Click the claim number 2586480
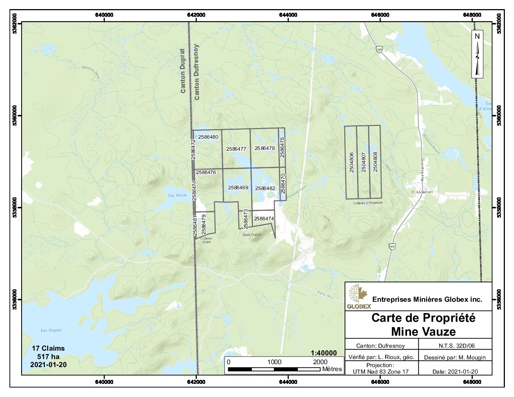pos(208,137)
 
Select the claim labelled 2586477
pos(236,149)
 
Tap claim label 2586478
pos(265,148)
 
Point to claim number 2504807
pos(364,162)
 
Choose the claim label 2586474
pos(264,219)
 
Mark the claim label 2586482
pos(265,188)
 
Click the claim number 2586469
pos(238,188)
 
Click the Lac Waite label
pos(177,195)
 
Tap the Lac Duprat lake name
pos(51,330)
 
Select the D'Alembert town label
pos(422,192)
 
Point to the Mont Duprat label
pos(252,235)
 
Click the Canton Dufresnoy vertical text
pos(197,72)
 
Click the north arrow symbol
pos(477,54)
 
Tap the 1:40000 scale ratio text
pos(323,353)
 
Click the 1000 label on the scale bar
pos(274,362)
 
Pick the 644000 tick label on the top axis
pos(288,15)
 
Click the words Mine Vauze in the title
pos(423,331)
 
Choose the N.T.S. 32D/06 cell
pos(456,346)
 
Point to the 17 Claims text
pos(48,348)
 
